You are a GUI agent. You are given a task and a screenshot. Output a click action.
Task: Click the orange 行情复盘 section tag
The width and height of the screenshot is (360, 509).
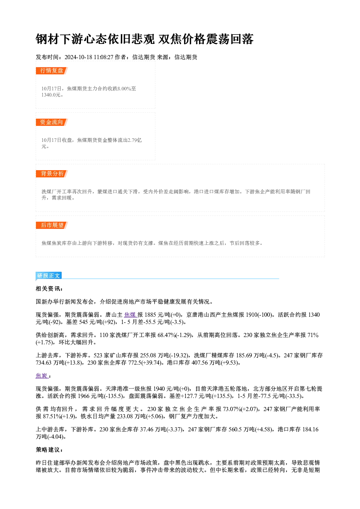pyautogui.click(x=52, y=71)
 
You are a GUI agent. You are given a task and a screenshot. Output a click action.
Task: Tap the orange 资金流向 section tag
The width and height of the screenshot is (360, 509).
pyautogui.click(x=52, y=122)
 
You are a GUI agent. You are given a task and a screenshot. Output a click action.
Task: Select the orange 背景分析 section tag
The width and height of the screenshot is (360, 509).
pyautogui.click(x=52, y=174)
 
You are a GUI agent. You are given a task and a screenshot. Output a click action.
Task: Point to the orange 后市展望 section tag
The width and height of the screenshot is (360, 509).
pyautogui.click(x=52, y=225)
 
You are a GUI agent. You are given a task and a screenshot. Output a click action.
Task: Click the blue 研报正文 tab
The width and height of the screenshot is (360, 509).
pyautogui.click(x=49, y=276)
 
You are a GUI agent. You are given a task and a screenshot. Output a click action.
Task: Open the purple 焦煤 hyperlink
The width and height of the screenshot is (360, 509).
pyautogui.click(x=130, y=315)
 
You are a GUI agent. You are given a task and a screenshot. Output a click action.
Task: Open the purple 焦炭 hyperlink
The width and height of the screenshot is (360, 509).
pyautogui.click(x=42, y=376)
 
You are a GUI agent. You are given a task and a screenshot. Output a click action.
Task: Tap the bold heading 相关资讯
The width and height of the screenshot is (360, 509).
pyautogui.click(x=49, y=289)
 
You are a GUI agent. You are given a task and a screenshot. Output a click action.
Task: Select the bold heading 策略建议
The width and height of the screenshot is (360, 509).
pyautogui.click(x=49, y=450)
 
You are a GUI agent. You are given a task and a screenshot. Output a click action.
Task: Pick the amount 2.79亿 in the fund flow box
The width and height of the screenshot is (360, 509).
pyautogui.click(x=135, y=140)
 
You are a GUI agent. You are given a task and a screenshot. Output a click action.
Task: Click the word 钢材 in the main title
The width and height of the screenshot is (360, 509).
pyautogui.click(x=42, y=39)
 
